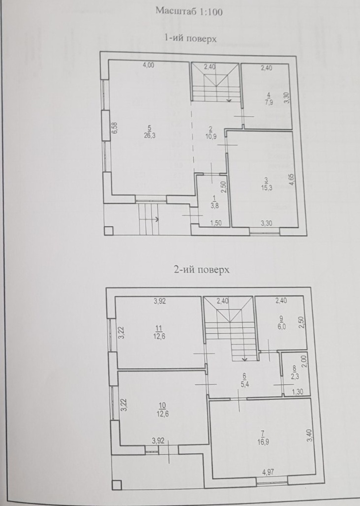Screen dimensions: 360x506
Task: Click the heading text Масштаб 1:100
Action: pyautogui.click(x=189, y=11)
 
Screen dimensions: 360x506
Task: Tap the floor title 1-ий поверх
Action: pyautogui.click(x=190, y=39)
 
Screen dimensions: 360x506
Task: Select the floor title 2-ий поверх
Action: pyautogui.click(x=202, y=269)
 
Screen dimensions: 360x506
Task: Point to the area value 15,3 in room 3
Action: pyautogui.click(x=267, y=188)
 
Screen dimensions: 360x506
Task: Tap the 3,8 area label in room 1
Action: pyautogui.click(x=214, y=206)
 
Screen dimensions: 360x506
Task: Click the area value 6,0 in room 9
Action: pyautogui.click(x=282, y=327)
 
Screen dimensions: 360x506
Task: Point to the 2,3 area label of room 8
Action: pyautogui.click(x=295, y=376)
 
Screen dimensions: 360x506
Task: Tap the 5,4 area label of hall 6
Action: pyautogui.click(x=244, y=384)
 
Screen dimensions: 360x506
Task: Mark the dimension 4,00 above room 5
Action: pyautogui.click(x=148, y=65)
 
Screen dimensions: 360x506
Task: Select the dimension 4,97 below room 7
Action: pyautogui.click(x=268, y=473)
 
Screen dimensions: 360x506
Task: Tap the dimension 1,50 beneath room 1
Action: pyautogui.click(x=215, y=222)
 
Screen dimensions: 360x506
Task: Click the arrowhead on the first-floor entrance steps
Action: pyautogui.click(x=157, y=220)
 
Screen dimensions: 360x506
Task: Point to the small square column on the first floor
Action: pyautogui.click(x=108, y=231)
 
